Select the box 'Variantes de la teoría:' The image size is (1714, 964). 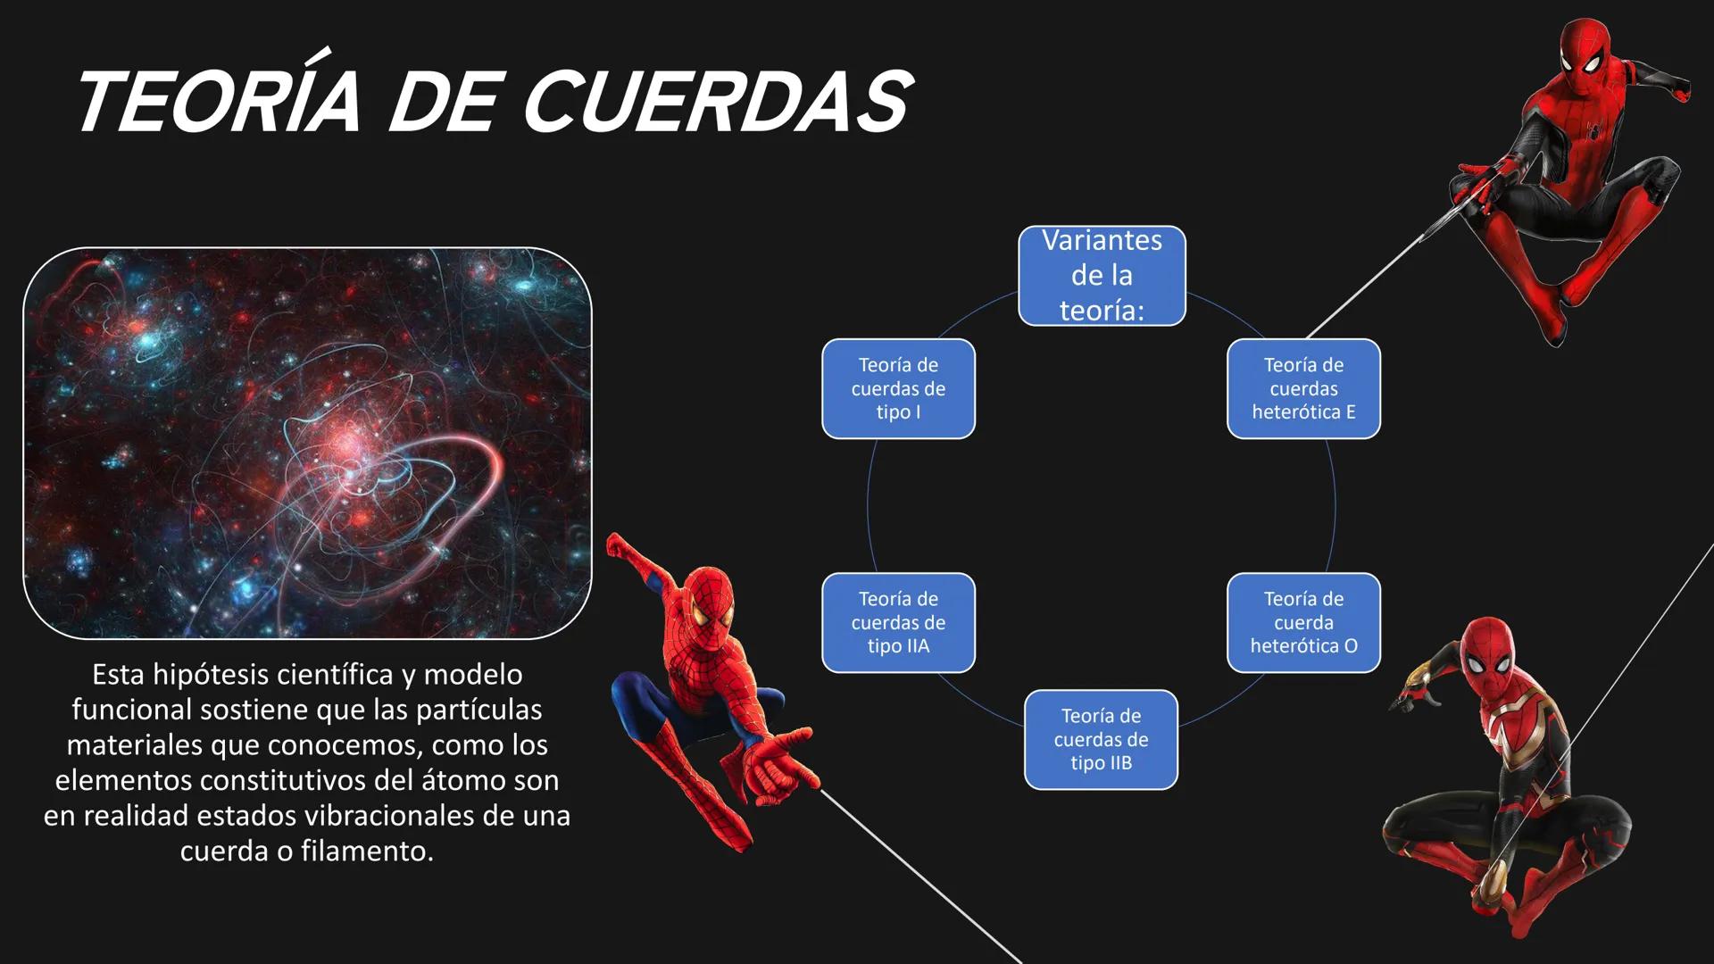(x=1102, y=276)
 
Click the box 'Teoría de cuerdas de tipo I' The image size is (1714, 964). (x=898, y=388)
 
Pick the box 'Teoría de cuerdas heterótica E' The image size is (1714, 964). (x=1303, y=388)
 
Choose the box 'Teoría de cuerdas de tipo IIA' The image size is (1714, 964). (x=898, y=622)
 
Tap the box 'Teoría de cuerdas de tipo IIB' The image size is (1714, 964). (x=1101, y=739)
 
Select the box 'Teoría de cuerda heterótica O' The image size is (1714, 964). (x=1303, y=622)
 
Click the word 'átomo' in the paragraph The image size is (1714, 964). (x=440, y=780)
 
